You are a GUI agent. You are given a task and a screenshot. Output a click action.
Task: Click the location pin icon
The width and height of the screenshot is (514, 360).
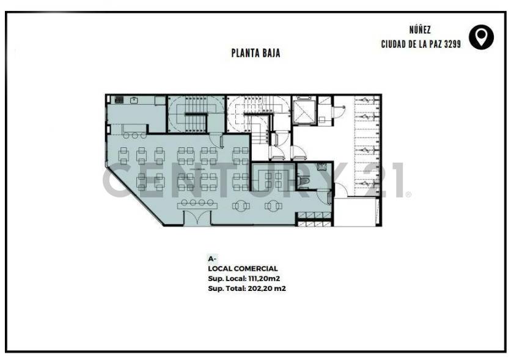point(481,37)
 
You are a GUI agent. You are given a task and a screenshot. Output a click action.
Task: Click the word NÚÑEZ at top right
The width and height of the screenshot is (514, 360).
point(421,29)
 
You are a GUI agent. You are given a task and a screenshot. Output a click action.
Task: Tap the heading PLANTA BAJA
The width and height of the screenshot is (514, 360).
point(255,53)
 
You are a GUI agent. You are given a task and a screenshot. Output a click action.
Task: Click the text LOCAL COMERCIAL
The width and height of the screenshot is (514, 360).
point(243,268)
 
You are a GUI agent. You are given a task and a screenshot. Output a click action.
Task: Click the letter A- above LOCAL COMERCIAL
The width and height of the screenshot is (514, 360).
point(212,259)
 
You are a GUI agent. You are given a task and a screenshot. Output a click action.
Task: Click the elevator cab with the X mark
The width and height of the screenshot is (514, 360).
point(304,111)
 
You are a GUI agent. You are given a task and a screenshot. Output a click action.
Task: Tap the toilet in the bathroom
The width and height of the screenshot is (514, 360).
point(306,181)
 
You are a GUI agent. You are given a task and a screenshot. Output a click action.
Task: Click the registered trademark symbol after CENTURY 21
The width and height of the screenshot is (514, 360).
point(408,194)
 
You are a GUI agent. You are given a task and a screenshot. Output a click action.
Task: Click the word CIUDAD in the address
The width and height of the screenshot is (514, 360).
point(395,44)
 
